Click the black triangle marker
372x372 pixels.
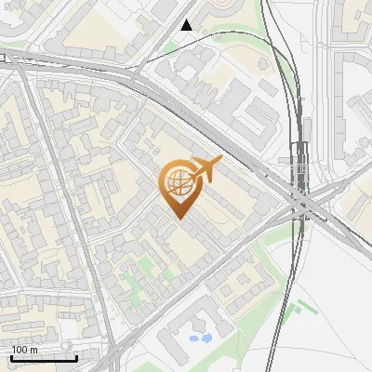pos(187,25)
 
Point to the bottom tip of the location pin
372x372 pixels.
pos(177,219)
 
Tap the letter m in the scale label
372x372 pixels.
pos(34,350)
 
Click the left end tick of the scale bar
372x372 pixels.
pos(10,357)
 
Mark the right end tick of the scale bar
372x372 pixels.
pos(76,357)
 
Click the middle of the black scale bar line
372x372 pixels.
pos(43,359)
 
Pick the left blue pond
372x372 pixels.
pos(194,339)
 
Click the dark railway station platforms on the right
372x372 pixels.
pos(299,163)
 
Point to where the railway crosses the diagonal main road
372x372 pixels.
pos(303,200)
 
